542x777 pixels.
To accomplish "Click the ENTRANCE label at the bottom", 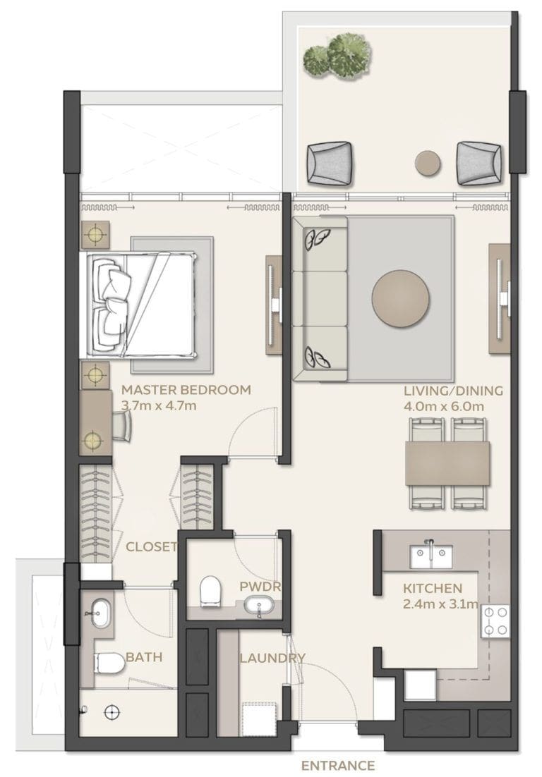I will pyautogui.click(x=337, y=765).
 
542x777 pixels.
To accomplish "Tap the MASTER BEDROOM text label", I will pyautogui.click(x=186, y=390).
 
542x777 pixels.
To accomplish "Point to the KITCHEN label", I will pyautogui.click(x=433, y=588).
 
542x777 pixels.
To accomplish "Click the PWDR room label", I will pyautogui.click(x=251, y=586).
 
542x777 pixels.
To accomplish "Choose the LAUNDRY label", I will pyautogui.click(x=272, y=659).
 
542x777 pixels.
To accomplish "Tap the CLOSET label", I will pyautogui.click(x=151, y=546).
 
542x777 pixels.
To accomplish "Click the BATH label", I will pyautogui.click(x=144, y=657).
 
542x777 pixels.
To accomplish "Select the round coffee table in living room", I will pyautogui.click(x=400, y=298).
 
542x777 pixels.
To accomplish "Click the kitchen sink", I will pyautogui.click(x=429, y=555).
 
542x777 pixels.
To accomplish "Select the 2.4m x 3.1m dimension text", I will pyautogui.click(x=441, y=604).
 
